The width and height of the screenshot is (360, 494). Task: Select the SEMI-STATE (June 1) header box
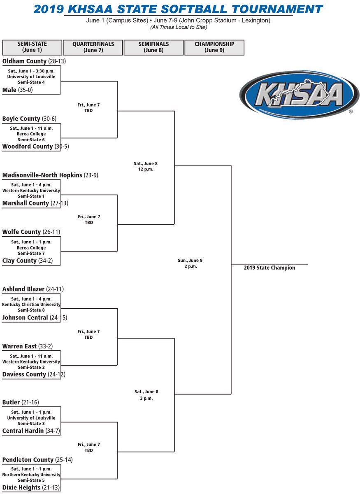pos(32,47)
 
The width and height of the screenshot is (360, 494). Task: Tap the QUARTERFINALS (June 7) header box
pos(93,47)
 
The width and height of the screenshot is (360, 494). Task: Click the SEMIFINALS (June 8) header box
pos(153,47)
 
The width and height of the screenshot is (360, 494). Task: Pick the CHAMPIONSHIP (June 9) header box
pos(214,47)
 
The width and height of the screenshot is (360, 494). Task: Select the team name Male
pos(9,89)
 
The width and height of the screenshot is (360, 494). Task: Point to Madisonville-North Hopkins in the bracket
pos(42,175)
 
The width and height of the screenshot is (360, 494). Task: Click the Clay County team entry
pos(19,261)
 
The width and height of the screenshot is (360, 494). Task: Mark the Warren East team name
pos(19,346)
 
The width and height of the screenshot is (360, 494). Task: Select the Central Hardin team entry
pos(23,431)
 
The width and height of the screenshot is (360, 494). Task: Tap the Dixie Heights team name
pos(21,487)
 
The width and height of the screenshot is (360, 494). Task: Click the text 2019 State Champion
pos(269,268)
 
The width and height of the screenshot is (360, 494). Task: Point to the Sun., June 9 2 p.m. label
pos(190,263)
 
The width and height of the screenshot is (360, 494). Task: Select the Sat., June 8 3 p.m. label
pos(146,394)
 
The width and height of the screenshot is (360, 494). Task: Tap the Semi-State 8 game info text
pos(31,310)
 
